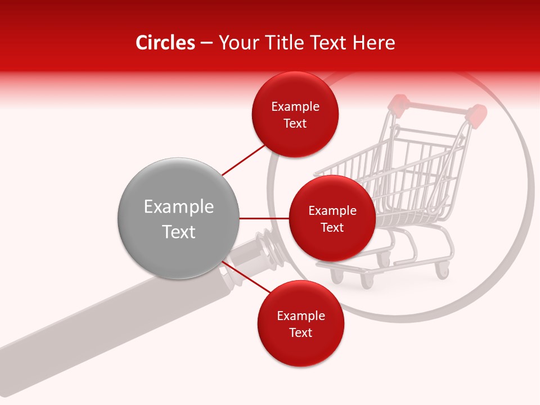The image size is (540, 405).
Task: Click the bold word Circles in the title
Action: click(165, 43)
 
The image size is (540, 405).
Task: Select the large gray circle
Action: click(178, 218)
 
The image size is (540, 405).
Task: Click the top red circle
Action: click(295, 115)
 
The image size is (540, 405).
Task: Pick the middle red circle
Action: click(332, 219)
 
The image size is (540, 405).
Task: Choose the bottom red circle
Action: click(300, 324)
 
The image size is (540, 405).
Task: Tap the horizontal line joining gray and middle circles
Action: click(264, 218)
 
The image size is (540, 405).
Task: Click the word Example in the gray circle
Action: click(178, 207)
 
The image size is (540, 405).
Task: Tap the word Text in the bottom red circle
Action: click(300, 332)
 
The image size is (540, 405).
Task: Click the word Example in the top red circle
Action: click(295, 106)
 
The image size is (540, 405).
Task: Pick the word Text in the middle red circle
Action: click(332, 227)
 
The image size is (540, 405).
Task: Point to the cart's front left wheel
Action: click(336, 275)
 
